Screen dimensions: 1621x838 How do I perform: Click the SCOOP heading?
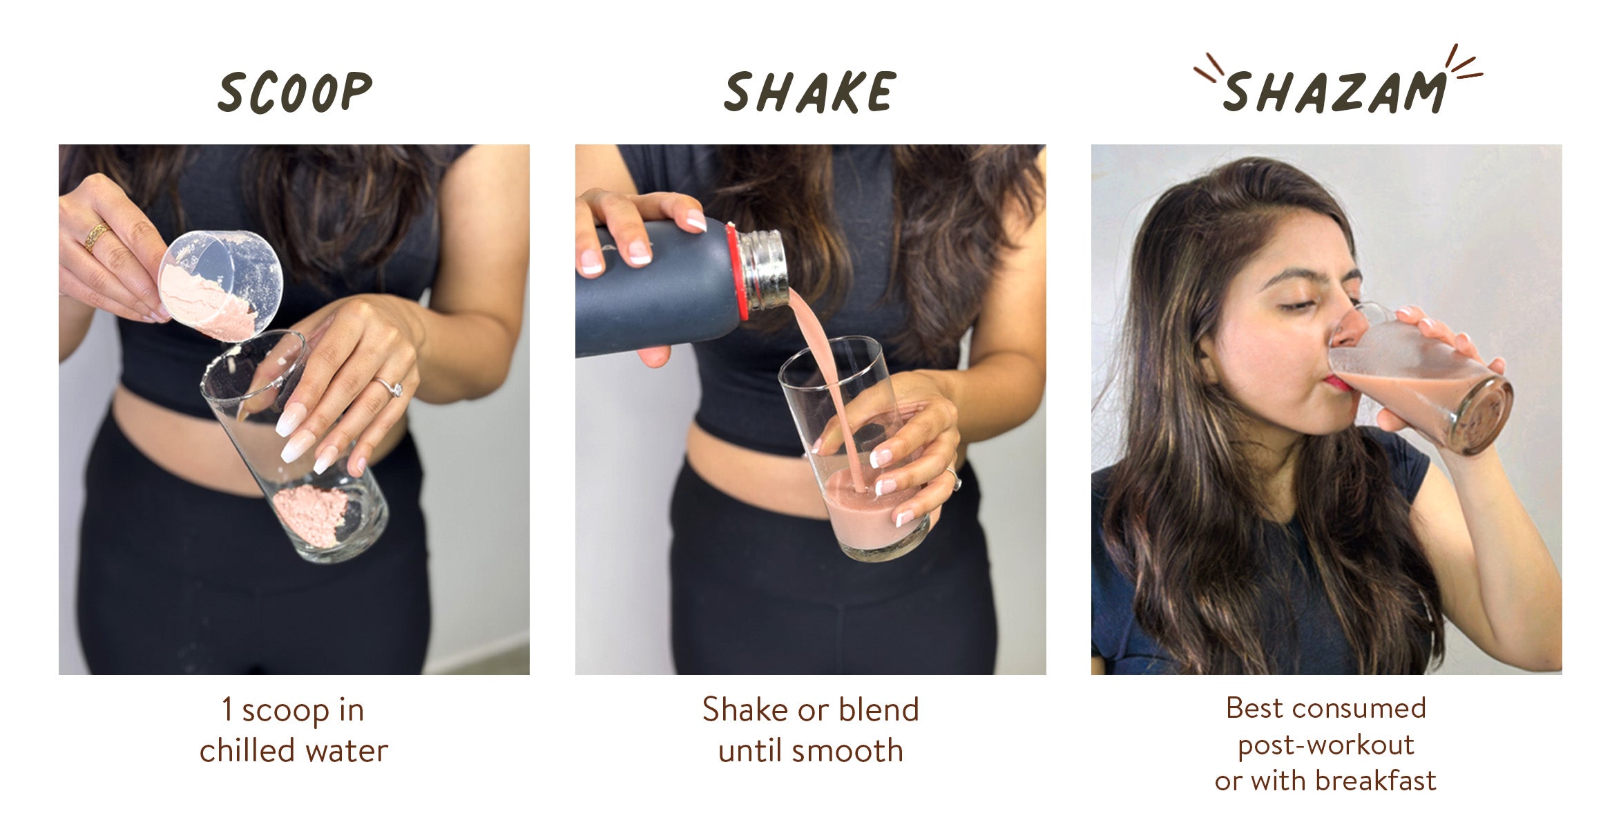tap(295, 92)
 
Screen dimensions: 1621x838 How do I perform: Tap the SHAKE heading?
tap(810, 92)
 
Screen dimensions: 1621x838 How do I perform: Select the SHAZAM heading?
tap(1334, 92)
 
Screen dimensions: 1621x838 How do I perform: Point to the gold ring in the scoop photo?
tap(96, 236)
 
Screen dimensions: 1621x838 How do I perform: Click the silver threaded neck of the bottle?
tap(762, 269)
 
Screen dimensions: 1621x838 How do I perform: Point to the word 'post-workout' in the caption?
tap(1326, 745)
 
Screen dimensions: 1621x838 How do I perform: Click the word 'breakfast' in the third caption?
tap(1376, 781)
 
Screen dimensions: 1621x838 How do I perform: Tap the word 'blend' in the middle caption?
tap(879, 710)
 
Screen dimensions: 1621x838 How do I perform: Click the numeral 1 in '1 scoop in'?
tap(227, 710)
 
